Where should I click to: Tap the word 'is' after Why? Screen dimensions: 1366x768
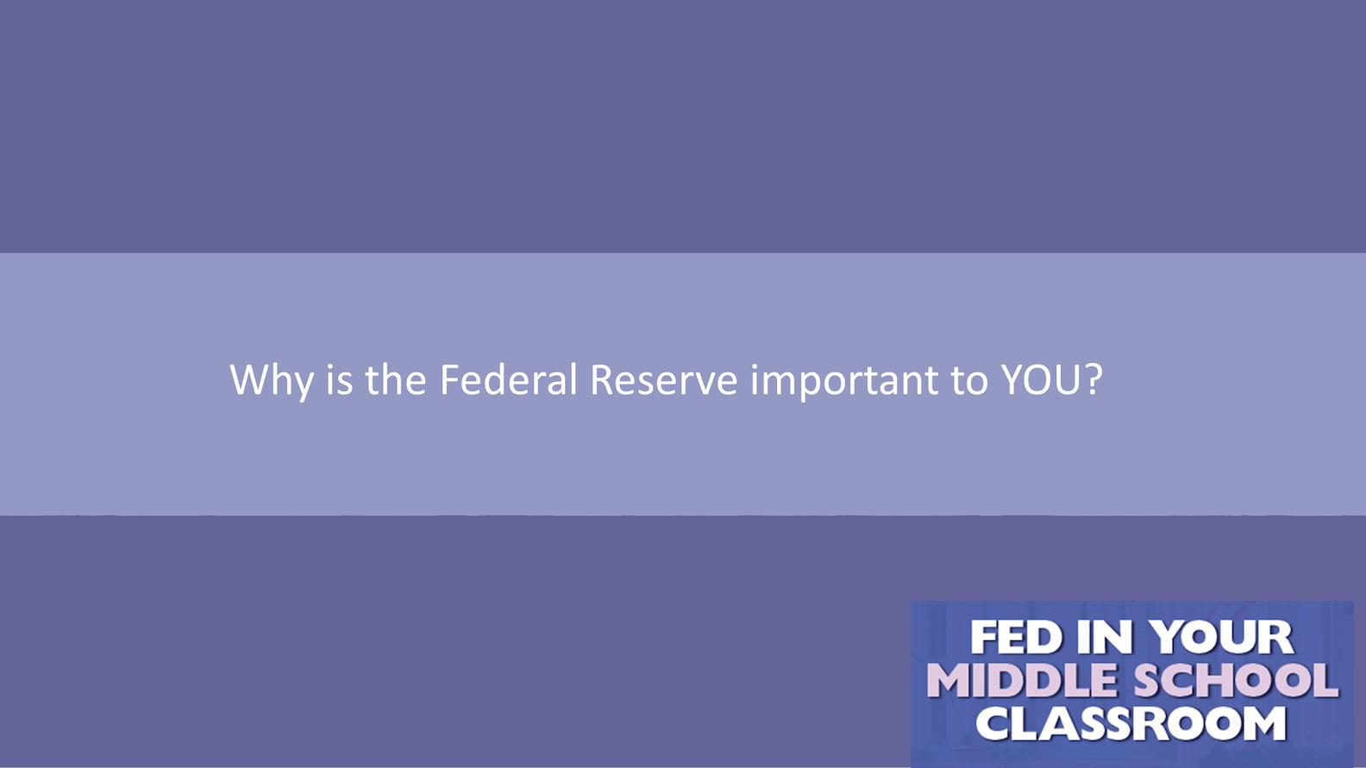340,380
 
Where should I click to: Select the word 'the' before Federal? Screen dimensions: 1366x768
395,379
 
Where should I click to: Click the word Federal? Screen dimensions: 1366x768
509,379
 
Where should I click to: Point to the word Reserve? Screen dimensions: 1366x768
664,380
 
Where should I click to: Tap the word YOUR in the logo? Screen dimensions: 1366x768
1221,638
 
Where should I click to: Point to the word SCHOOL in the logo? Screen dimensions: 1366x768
1236,680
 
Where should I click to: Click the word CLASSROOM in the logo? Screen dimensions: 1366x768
1131,723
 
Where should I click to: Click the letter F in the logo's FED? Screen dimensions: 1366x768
982,638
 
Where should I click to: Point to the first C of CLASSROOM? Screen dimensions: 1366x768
993,723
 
